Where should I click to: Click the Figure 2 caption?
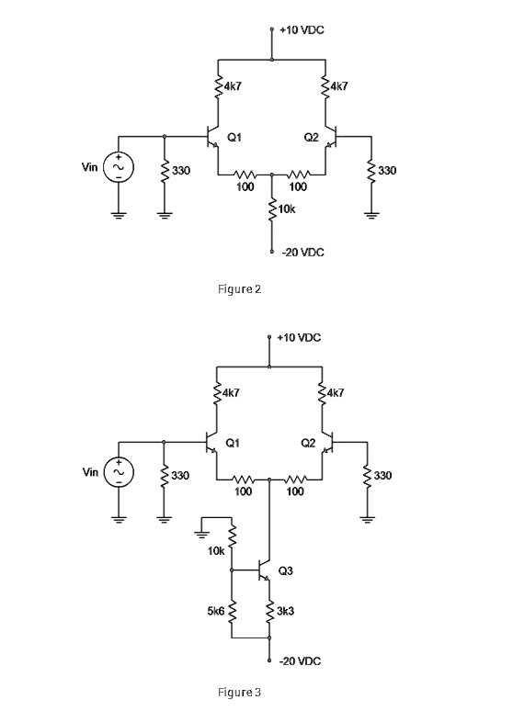coord(239,289)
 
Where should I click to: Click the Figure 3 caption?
coord(239,693)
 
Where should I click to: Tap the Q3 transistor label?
coord(285,570)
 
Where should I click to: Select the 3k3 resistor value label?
coord(285,611)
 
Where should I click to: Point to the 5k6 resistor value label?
coord(216,611)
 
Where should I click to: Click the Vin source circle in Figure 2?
coord(119,167)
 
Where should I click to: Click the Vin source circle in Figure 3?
coord(119,472)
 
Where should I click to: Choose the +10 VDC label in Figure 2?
coord(302,30)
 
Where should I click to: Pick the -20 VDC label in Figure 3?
coord(300,661)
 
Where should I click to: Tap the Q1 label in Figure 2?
coord(234,137)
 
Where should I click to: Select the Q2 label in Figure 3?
coord(308,443)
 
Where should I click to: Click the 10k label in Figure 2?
coord(287,209)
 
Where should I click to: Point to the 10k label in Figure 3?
coord(216,551)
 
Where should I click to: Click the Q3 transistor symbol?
coord(263,570)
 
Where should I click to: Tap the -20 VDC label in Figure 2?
coord(302,253)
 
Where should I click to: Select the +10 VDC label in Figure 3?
coord(299,338)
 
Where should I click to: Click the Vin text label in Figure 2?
coord(89,167)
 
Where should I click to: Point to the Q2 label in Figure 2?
coord(311,137)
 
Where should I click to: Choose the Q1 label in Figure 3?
coord(233,443)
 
